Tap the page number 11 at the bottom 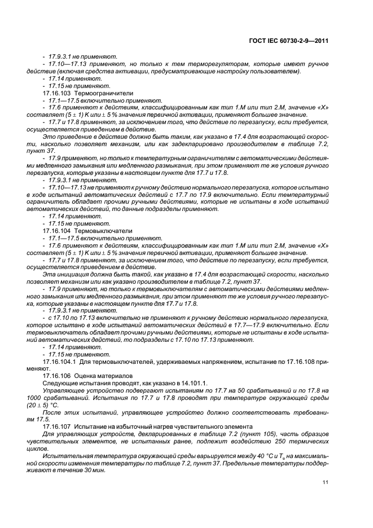[x=326, y=481]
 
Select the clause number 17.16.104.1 [x=60, y=362]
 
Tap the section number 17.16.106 [x=58, y=375]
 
